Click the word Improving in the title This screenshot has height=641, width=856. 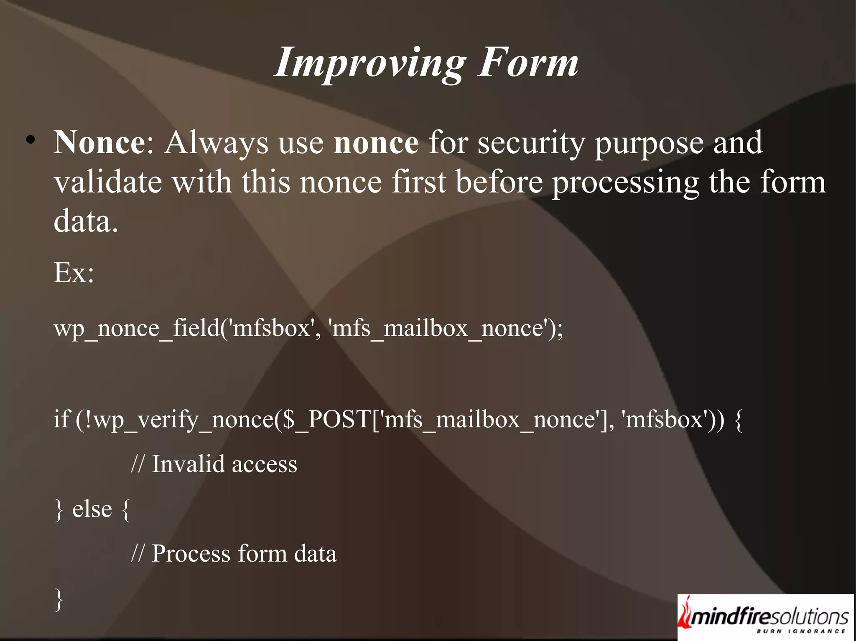pos(370,63)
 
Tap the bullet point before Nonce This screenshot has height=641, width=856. pos(30,140)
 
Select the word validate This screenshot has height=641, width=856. pos(108,182)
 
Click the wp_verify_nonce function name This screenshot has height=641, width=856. pos(183,420)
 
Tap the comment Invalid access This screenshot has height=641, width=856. pos(214,464)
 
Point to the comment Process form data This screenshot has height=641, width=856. pos(234,554)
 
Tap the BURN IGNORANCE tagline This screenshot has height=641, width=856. pos(801,631)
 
